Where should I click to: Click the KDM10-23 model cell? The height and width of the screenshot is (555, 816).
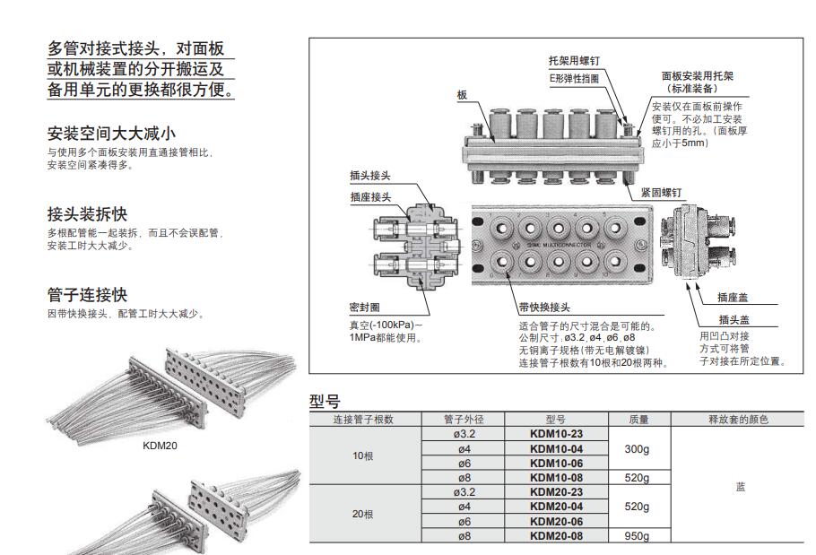556,434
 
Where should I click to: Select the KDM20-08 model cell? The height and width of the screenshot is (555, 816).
556,536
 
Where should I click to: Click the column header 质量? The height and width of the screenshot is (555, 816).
639,419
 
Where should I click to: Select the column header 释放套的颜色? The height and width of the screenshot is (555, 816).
739,419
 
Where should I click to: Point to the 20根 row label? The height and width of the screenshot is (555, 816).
362,514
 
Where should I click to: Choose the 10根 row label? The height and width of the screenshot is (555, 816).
362,455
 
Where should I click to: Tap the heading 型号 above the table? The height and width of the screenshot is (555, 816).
325,401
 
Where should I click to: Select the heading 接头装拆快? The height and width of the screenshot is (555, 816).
87,214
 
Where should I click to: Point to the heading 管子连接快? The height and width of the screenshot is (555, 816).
87,294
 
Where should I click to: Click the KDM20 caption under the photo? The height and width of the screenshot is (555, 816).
161,445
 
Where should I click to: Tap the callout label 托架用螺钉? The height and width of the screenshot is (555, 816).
574,61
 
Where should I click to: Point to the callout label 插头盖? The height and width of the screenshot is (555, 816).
733,320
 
